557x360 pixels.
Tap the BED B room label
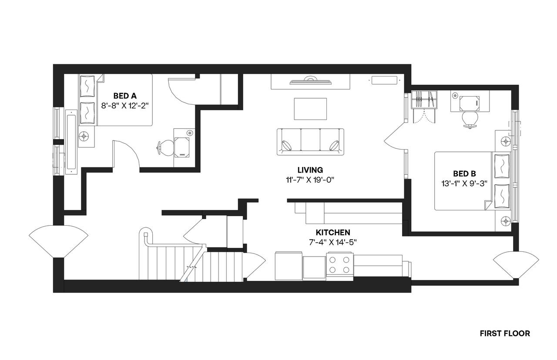[x=464, y=173]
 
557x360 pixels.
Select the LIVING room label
[x=310, y=170]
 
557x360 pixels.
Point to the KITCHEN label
[x=333, y=233]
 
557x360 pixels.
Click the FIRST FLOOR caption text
[x=505, y=333]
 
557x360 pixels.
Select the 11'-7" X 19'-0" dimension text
[x=310, y=180]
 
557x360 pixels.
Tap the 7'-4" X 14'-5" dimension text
[x=333, y=242]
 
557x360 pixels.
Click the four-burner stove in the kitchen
[x=339, y=264]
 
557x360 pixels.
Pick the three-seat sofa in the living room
[x=310, y=141]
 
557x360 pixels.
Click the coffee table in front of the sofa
[x=310, y=109]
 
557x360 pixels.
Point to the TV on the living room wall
[x=310, y=80]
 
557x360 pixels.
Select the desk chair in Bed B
[x=470, y=119]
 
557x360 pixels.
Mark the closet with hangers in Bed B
[x=423, y=100]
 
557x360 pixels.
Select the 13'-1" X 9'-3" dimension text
[x=464, y=183]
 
